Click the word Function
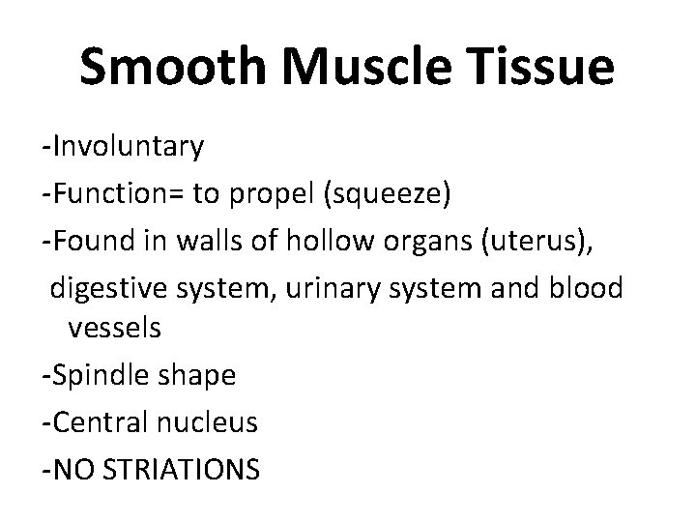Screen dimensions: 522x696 [115, 192]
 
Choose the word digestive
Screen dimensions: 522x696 [110, 284]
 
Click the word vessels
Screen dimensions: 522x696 [114, 329]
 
